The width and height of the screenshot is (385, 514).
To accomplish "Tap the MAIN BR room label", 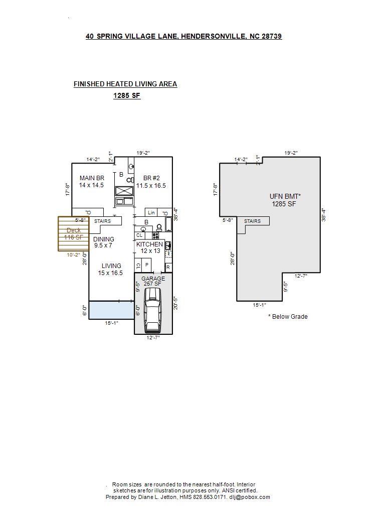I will point(92,178).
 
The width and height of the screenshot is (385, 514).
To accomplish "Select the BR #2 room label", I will point(151,178).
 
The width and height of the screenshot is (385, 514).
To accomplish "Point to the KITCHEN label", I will point(149,244).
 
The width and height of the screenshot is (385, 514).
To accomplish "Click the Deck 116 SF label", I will point(73,234).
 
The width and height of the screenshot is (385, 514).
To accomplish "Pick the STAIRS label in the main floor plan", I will point(102,221).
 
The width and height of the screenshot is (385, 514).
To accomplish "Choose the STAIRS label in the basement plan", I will point(252,221).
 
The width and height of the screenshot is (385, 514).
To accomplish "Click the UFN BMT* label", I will point(285,196).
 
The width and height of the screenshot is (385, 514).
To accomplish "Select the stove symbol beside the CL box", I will point(155,235).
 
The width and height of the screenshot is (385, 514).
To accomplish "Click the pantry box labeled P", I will point(147,265).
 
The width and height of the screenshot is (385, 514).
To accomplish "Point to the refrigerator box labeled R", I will point(168,268).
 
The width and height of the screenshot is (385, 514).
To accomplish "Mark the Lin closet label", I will point(151,213).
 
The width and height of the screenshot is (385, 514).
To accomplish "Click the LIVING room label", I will point(111,266).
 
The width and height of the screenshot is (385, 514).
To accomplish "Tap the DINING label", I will point(103,239).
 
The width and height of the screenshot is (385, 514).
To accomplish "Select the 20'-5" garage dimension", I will point(175,303).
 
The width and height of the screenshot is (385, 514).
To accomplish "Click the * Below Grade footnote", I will point(288,317).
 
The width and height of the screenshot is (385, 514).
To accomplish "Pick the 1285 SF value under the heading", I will point(126,96).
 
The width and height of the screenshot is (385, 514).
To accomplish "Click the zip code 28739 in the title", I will point(272,36).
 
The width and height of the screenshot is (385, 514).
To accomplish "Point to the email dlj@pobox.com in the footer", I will point(250,497).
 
